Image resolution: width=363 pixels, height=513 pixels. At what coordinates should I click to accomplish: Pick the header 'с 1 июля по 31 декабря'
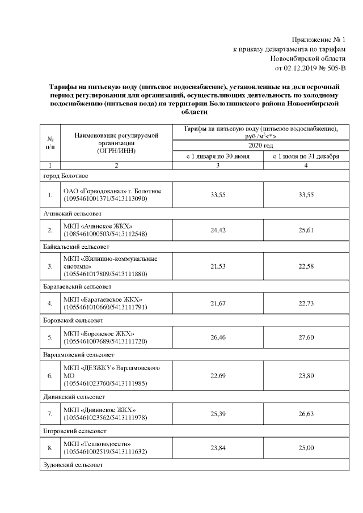306,156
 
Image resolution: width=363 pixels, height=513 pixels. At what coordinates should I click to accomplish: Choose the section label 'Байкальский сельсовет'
77,247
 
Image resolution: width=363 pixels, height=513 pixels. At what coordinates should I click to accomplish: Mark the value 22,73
306,304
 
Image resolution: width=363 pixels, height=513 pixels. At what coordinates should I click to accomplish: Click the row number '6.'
50,376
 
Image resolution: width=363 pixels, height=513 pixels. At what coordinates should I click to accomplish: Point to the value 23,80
306,376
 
